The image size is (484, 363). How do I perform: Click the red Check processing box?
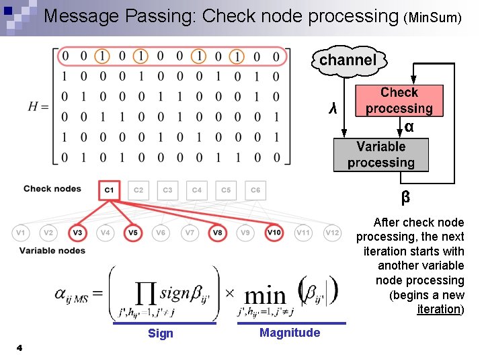(399, 100)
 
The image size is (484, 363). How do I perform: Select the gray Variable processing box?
(380, 155)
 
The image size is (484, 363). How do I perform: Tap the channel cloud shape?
(348, 61)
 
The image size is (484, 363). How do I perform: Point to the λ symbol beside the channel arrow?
(331, 108)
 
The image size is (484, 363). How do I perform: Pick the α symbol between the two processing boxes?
(409, 127)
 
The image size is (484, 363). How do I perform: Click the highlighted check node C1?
(109, 190)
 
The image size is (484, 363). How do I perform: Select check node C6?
(255, 190)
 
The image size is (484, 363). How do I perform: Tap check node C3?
(167, 190)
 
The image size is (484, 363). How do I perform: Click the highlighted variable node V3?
(78, 233)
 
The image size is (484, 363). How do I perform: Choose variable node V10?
(274, 233)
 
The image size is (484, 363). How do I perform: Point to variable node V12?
(332, 233)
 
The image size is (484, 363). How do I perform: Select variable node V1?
(21, 233)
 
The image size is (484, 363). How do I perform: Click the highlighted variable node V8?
(218, 233)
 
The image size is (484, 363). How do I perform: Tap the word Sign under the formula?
(160, 333)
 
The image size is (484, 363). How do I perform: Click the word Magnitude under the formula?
(290, 333)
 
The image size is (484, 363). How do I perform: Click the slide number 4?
(19, 348)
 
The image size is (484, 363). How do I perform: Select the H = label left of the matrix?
(38, 106)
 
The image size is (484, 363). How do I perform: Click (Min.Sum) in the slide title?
(432, 18)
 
